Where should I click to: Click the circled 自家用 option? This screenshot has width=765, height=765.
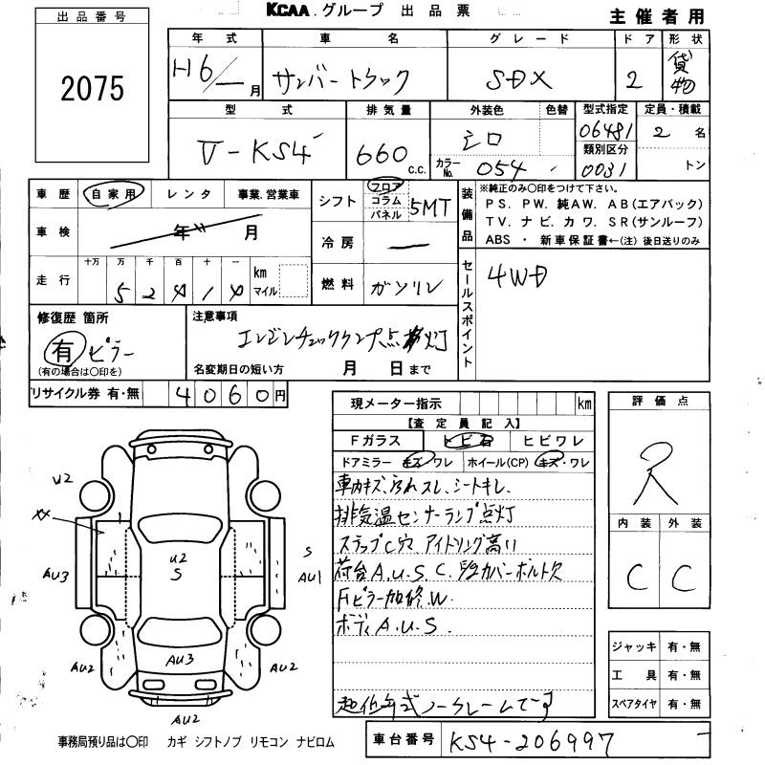114,194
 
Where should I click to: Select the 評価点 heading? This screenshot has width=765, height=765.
660,402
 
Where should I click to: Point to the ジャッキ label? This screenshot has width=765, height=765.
634,647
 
